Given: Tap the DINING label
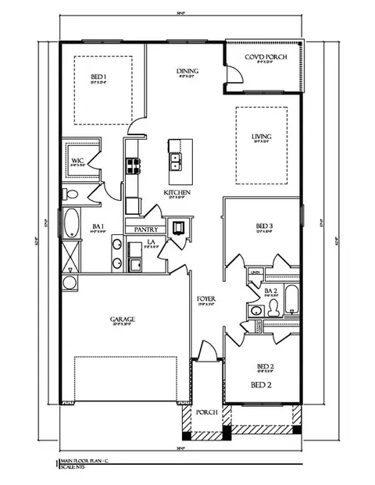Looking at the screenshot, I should [x=186, y=72].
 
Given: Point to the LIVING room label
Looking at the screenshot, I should [x=261, y=138].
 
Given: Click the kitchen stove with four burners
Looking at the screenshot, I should [x=131, y=166].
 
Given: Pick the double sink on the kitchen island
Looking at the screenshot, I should [x=176, y=162].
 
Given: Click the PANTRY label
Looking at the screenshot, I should [x=147, y=230].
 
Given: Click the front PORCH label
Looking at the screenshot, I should [x=205, y=412].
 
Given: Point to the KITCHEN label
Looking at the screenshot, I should [x=173, y=192].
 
